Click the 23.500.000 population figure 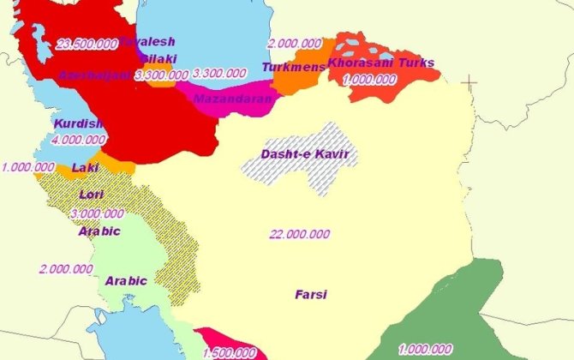tap(85, 44)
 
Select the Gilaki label tap(158, 58)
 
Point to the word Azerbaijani tap(94, 75)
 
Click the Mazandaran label tap(233, 99)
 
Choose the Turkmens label tap(294, 67)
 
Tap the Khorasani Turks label tap(381, 63)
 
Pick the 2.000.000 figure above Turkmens tap(295, 43)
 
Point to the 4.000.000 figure tap(79, 140)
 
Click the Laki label tap(86, 167)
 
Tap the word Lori tap(91, 195)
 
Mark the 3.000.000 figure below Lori tap(97, 213)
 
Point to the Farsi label tap(311, 294)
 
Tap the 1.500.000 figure tap(229, 352)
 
